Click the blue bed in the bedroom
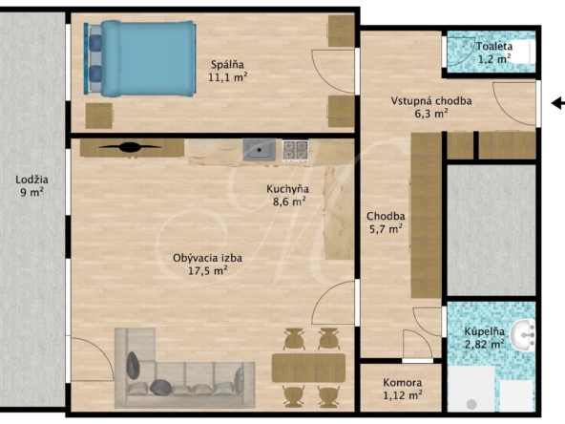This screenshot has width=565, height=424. (139, 58)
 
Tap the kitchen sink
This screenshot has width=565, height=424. (259, 150)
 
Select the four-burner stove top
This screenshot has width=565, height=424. (295, 150)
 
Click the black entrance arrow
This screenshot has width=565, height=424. (558, 103)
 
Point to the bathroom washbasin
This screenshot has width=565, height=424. (524, 335)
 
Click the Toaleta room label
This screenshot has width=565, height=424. (494, 46)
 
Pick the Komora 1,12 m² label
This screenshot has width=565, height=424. (402, 389)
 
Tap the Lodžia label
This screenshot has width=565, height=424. (31, 180)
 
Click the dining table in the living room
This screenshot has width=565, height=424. (308, 368)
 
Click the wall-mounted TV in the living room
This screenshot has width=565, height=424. (130, 147)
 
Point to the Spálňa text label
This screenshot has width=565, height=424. (227, 65)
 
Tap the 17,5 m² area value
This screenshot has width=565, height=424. (207, 270)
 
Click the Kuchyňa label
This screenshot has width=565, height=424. (287, 188)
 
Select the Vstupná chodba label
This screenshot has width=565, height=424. (431, 100)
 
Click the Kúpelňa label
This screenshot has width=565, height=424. (484, 331)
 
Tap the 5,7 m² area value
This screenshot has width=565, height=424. (386, 228)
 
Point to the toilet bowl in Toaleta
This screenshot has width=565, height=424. (525, 52)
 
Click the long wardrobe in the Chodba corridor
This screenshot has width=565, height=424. (427, 215)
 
